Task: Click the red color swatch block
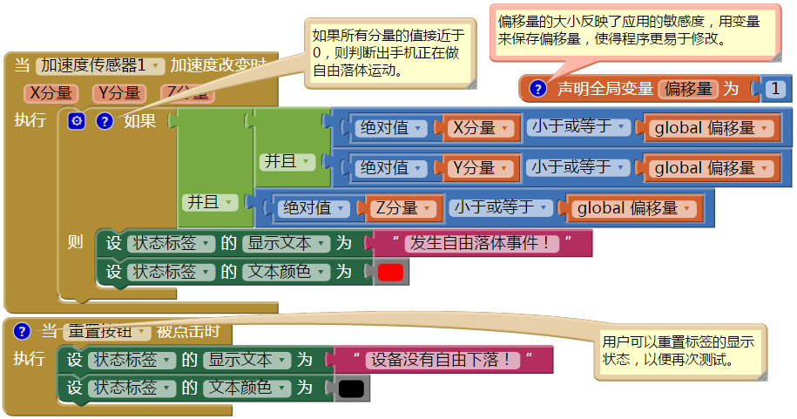click(x=391, y=272)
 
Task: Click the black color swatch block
click(x=351, y=388)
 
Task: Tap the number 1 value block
click(x=776, y=88)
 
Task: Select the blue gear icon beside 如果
click(x=76, y=122)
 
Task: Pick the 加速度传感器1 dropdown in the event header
click(x=101, y=65)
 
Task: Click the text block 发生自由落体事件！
click(x=482, y=243)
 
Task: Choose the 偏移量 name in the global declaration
click(x=688, y=88)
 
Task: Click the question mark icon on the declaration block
click(x=538, y=88)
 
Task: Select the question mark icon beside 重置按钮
click(x=23, y=331)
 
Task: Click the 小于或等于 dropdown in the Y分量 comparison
click(x=577, y=167)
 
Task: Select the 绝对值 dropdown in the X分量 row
click(x=391, y=128)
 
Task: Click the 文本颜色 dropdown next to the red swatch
click(x=286, y=272)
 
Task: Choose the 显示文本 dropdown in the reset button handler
click(x=245, y=359)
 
